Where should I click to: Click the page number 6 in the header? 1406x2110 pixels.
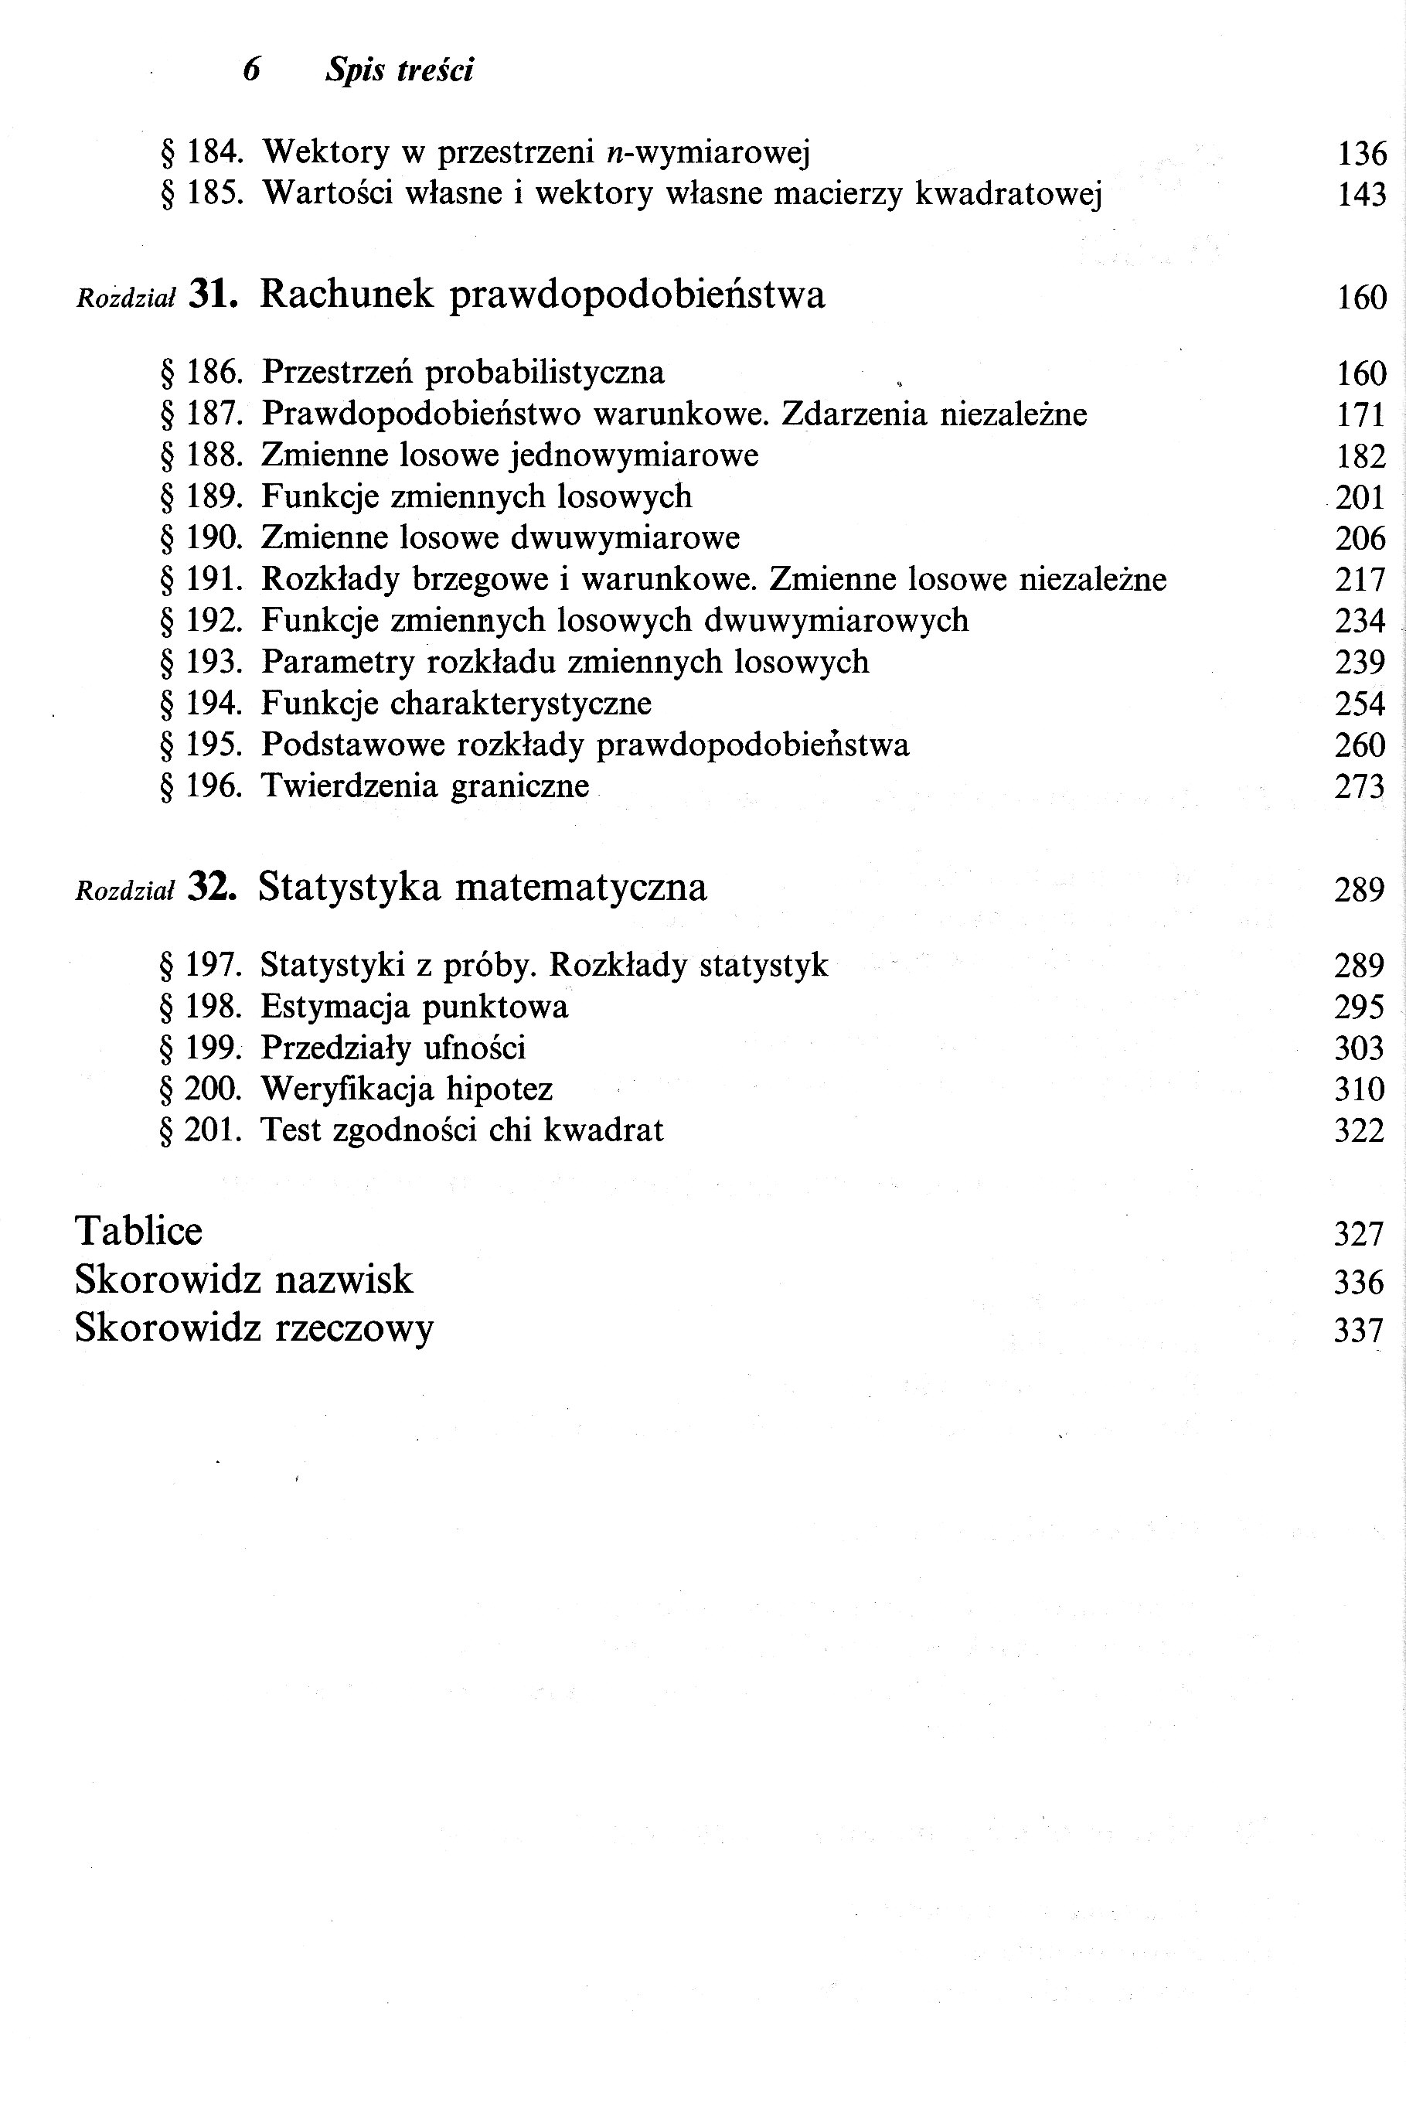pyautogui.click(x=252, y=70)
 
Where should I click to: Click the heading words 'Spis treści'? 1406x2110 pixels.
pyautogui.click(x=399, y=70)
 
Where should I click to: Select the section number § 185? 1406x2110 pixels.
pyautogui.click(x=202, y=194)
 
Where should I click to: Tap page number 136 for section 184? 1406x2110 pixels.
pyautogui.click(x=1361, y=154)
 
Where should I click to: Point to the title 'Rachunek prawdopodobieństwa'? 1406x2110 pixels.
pyautogui.click(x=543, y=295)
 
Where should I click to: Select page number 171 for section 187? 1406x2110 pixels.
pyautogui.click(x=1361, y=415)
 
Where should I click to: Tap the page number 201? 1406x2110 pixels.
pyautogui.click(x=1360, y=498)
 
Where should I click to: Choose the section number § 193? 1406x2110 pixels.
pyautogui.click(x=202, y=663)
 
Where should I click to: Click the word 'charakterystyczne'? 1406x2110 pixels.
pyautogui.click(x=520, y=704)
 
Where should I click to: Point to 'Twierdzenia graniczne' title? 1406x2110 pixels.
pyautogui.click(x=425, y=786)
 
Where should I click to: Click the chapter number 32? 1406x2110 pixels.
pyautogui.click(x=213, y=887)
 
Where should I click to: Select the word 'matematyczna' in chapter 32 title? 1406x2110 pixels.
pyautogui.click(x=581, y=888)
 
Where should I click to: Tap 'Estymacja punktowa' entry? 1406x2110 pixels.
pyautogui.click(x=414, y=1007)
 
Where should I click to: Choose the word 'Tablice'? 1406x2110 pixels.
pyautogui.click(x=139, y=1230)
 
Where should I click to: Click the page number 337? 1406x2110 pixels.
pyautogui.click(x=1360, y=1331)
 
